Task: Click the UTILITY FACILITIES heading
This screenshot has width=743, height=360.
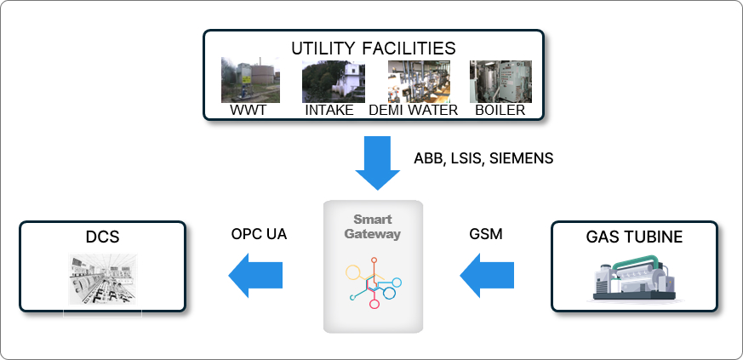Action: (x=373, y=48)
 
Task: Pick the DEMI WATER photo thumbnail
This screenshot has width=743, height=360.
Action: (x=413, y=82)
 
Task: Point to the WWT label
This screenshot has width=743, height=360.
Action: (x=243, y=111)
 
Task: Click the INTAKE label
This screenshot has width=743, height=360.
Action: (x=329, y=111)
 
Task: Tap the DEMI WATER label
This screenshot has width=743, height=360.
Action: (x=413, y=111)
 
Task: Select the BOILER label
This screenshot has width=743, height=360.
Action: (x=500, y=111)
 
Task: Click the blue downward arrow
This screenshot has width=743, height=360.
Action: (x=377, y=163)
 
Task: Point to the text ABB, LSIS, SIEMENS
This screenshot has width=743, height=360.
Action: (x=483, y=158)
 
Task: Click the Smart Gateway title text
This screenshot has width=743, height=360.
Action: (x=373, y=226)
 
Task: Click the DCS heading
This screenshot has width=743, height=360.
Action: (x=102, y=237)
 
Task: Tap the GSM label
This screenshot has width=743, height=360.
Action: (x=486, y=233)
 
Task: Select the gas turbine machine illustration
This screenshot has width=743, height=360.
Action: (x=635, y=279)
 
